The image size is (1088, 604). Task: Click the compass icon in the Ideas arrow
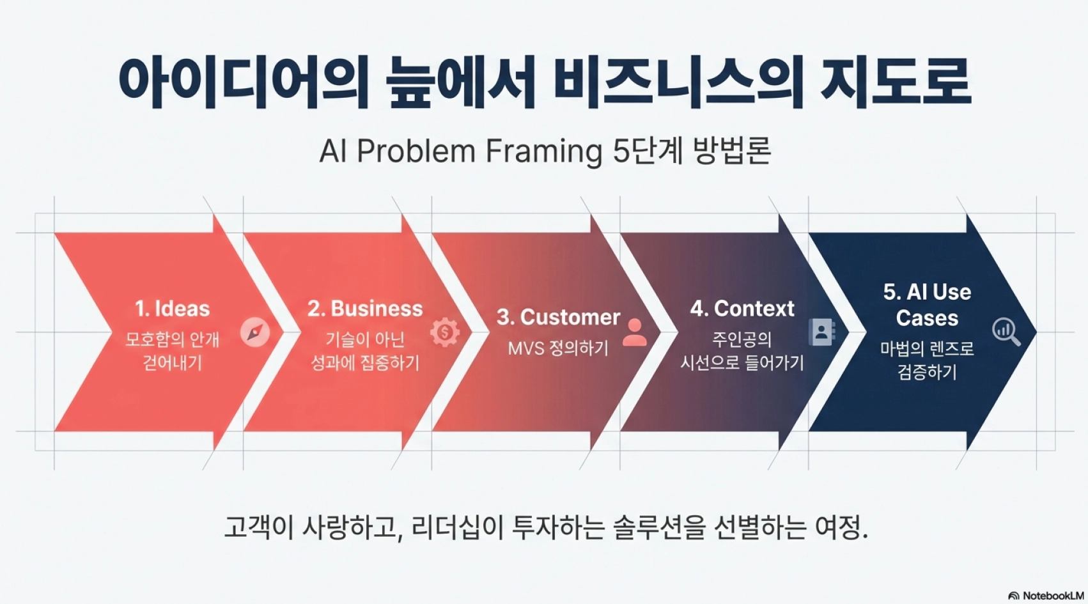pos(255,332)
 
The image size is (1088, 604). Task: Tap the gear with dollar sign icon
pos(444,332)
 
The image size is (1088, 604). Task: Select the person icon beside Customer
pos(634,332)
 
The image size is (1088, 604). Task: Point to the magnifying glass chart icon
pos(1006,332)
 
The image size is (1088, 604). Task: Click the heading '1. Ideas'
pos(172,309)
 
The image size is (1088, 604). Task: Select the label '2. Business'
pos(365,309)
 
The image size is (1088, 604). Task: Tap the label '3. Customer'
pos(558,318)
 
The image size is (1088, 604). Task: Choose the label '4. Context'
pos(742,309)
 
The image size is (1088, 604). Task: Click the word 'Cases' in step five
pos(927,318)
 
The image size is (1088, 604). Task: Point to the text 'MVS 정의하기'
pos(558,348)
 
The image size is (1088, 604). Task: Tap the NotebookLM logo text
pos(1053,596)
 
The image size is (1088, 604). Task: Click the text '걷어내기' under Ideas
pos(172,362)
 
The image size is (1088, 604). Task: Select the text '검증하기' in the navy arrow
pos(927,372)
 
